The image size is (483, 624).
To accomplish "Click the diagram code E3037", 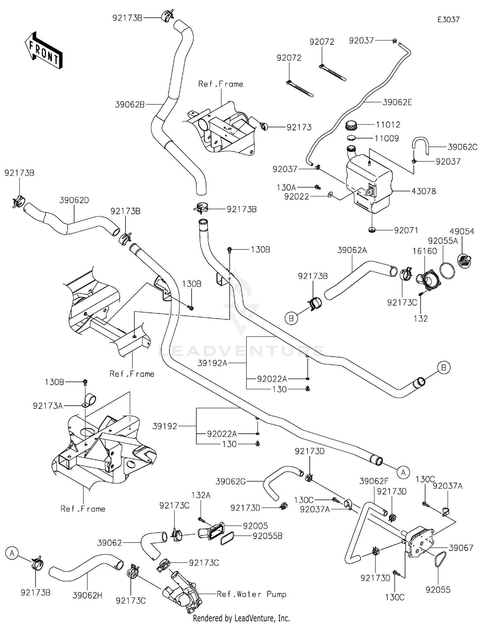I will [x=448, y=20].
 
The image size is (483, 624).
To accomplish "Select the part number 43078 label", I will [x=424, y=191].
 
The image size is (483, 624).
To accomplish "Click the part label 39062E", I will [x=397, y=102].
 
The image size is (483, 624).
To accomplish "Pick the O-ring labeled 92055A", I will [x=447, y=271].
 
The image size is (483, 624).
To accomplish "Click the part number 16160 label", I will [x=425, y=251].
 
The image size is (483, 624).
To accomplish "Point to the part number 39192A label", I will [x=213, y=363].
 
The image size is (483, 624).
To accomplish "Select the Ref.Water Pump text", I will [x=251, y=594].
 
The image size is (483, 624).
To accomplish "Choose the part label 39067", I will [x=461, y=548].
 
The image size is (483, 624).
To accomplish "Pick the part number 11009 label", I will [x=387, y=138].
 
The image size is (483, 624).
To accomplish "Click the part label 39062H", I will [x=87, y=595].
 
